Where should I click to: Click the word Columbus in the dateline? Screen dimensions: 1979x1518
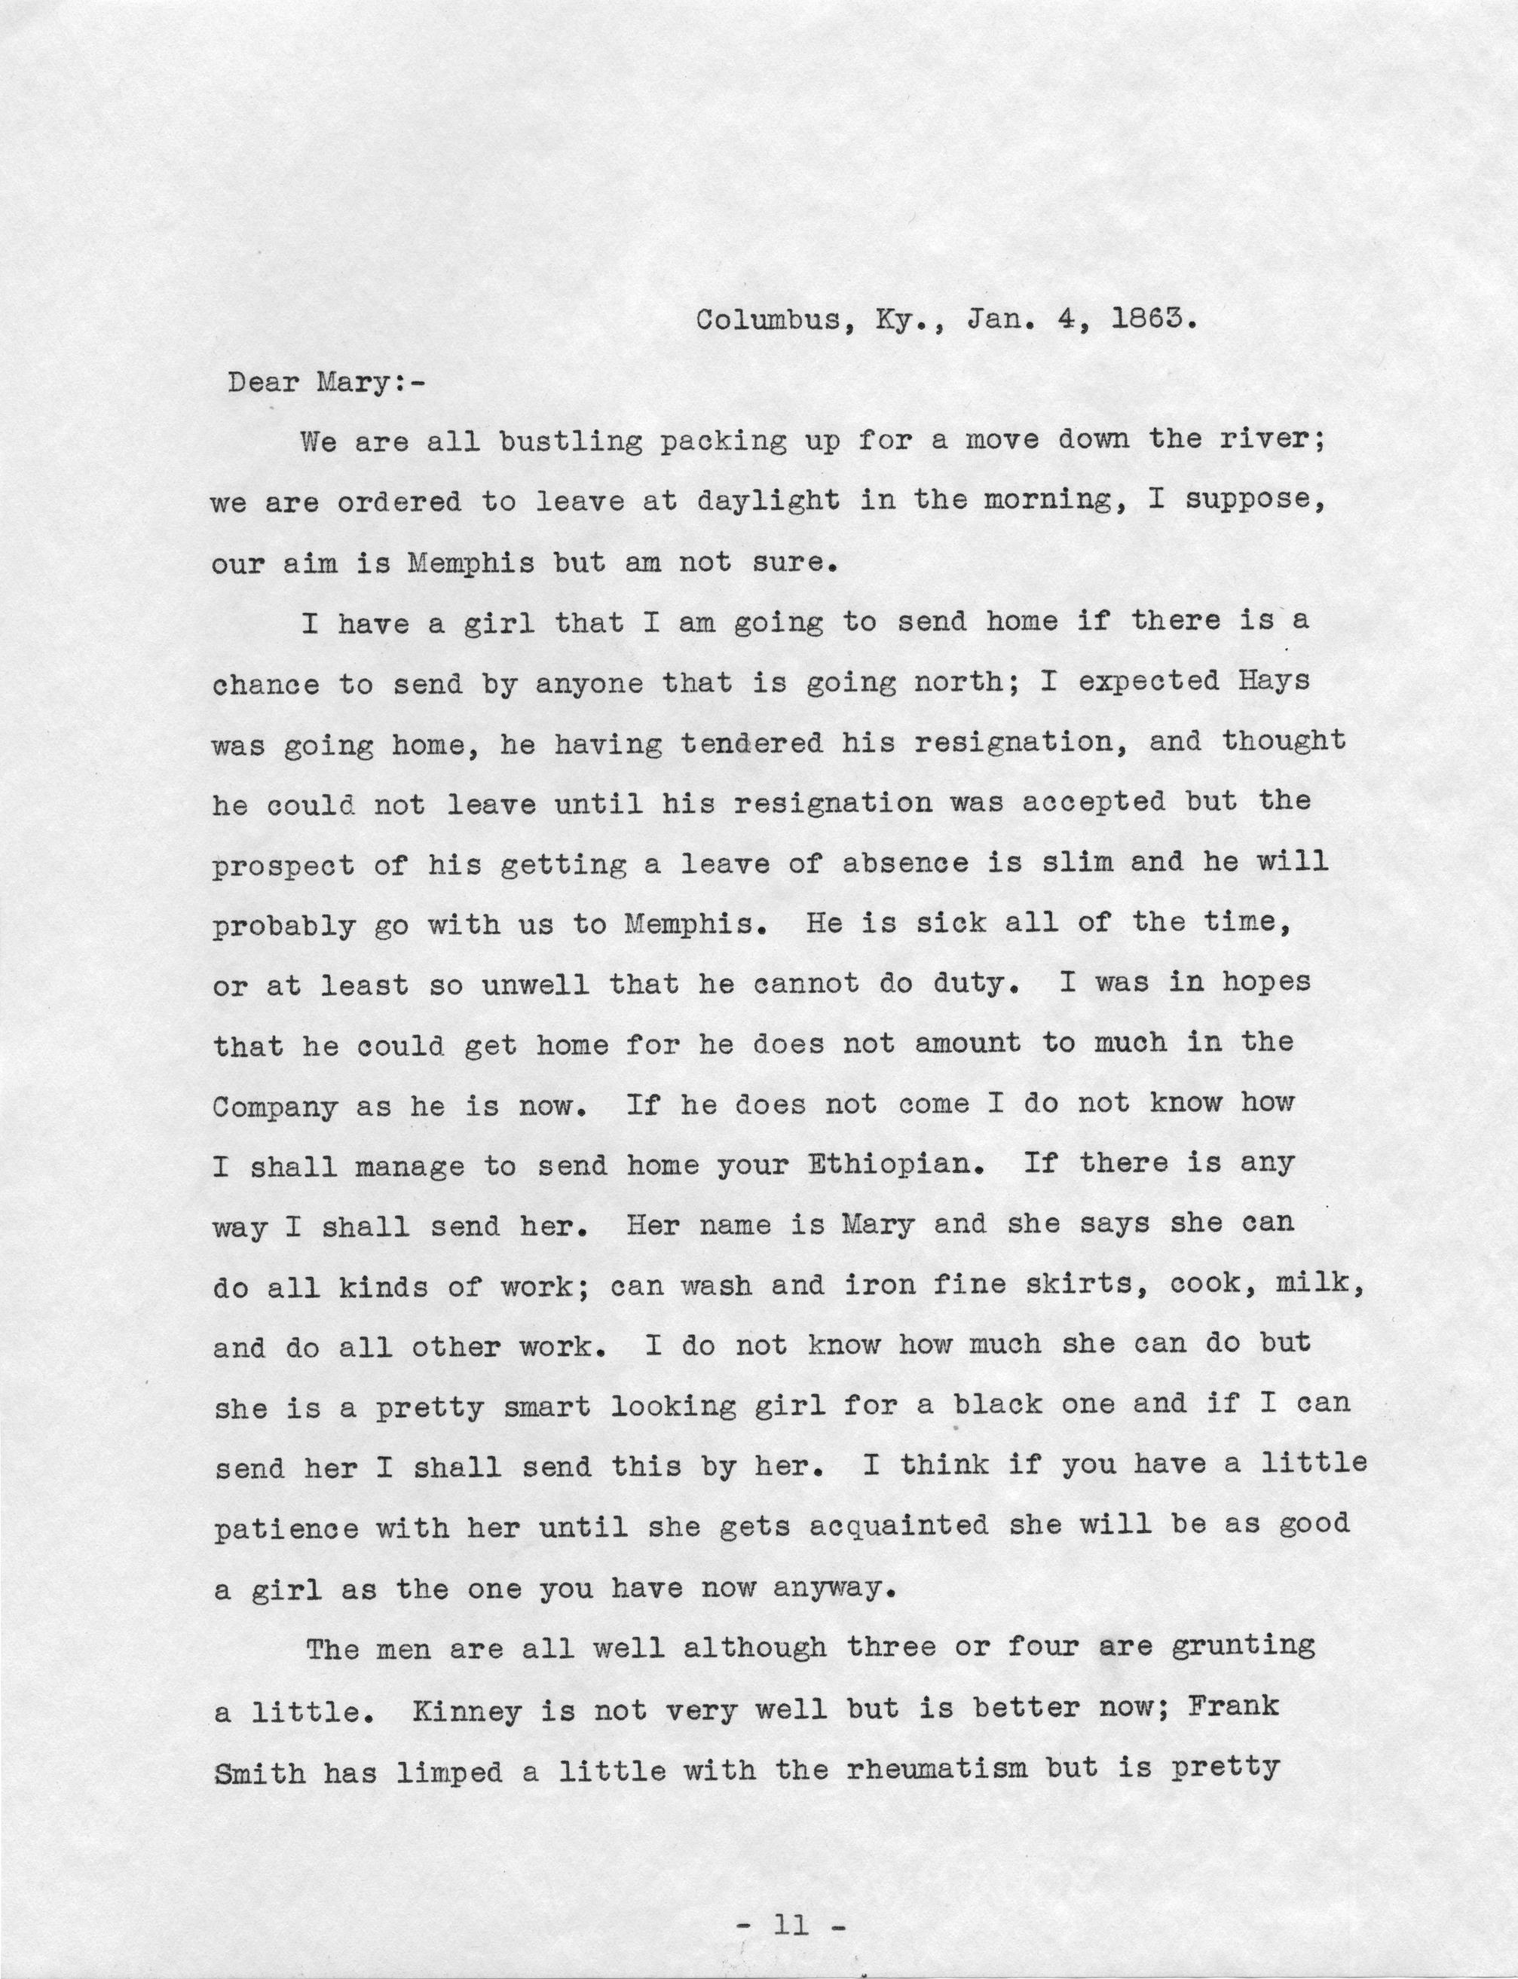767,321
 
